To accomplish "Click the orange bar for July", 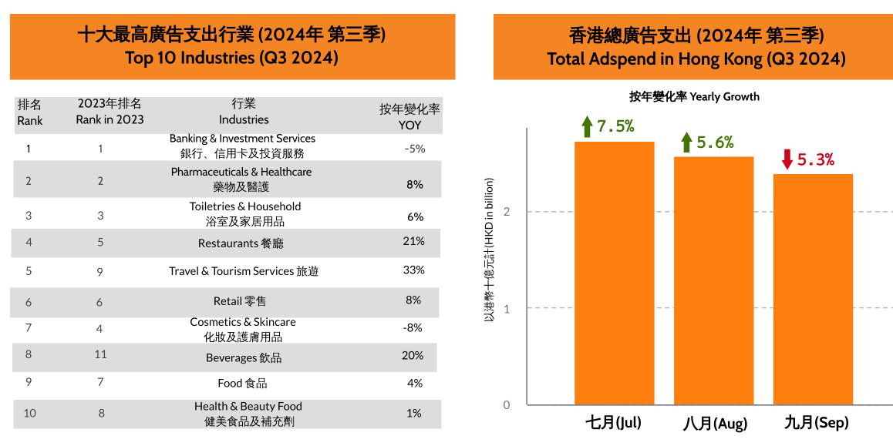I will [x=614, y=273].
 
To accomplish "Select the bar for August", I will [x=713, y=280].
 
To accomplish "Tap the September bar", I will [x=813, y=289].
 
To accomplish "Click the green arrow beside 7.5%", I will [x=587, y=127].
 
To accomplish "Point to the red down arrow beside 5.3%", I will [x=787, y=159].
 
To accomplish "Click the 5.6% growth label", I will [x=715, y=143].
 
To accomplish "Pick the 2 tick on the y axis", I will [x=507, y=212].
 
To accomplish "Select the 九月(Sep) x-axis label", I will [x=816, y=423].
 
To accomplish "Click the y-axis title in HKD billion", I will [x=489, y=250].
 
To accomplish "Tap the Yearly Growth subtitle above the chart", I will [x=694, y=96].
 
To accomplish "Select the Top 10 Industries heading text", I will [x=231, y=57].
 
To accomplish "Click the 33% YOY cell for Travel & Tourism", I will [x=414, y=270].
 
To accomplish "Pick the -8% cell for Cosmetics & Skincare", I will [x=413, y=327].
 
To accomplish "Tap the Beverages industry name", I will [x=243, y=357].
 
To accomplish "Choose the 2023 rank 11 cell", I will [x=100, y=355].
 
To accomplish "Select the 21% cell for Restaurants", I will [x=414, y=242].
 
